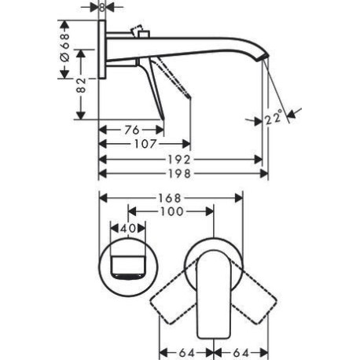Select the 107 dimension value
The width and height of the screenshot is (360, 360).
pyautogui.click(x=145, y=144)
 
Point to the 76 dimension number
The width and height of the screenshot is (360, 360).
pyautogui.click(x=132, y=130)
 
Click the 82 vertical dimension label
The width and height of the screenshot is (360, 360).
pyautogui.click(x=81, y=85)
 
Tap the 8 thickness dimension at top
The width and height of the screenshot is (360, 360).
pyautogui.click(x=102, y=7)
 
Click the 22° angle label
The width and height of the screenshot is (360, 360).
pyautogui.click(x=274, y=117)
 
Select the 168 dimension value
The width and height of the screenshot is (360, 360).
pyautogui.click(x=170, y=198)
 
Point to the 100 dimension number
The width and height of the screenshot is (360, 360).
pyautogui.click(x=171, y=211)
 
